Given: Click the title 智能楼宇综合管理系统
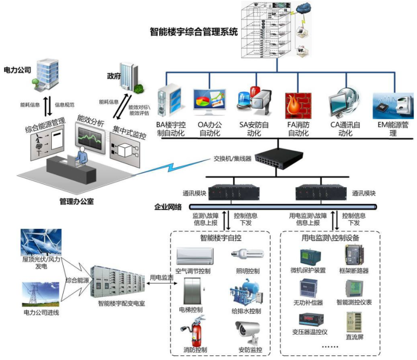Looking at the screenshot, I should [194, 32].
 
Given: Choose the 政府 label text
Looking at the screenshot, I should [114, 76].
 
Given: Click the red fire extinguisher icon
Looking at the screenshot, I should [194, 331].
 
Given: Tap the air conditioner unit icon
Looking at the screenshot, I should [195, 256].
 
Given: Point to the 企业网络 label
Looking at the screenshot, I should [168, 207].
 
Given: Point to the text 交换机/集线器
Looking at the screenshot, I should [233, 158].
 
